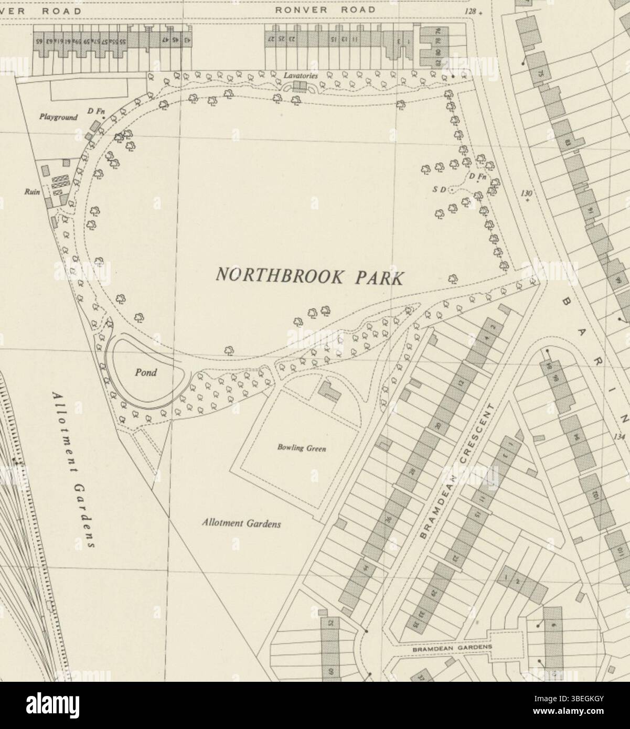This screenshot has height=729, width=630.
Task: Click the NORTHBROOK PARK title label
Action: coord(310,275)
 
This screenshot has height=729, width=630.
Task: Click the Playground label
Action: coord(58,117)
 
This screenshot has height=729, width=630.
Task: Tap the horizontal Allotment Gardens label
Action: coord(242,523)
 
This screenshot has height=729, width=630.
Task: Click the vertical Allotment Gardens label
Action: coord(74,470)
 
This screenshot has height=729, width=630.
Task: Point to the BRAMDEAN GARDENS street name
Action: coord(452,648)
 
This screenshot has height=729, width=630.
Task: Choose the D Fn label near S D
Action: coord(478,177)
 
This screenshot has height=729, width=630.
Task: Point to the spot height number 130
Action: coord(527,194)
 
